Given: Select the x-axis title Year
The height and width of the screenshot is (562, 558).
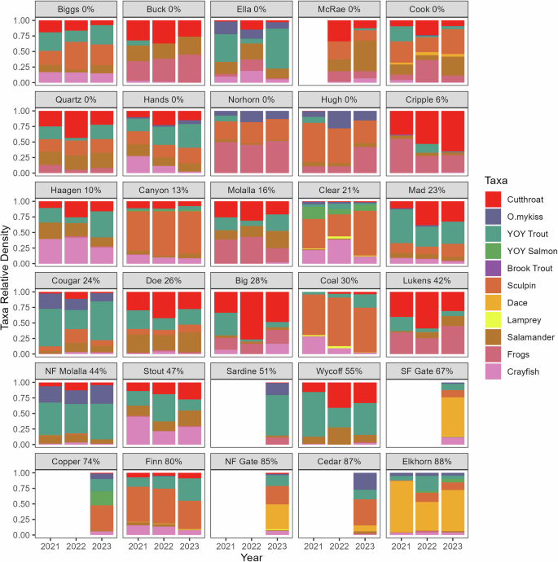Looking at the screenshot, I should click(250, 555).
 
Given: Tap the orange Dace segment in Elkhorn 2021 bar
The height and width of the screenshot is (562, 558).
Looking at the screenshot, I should click(400, 506).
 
